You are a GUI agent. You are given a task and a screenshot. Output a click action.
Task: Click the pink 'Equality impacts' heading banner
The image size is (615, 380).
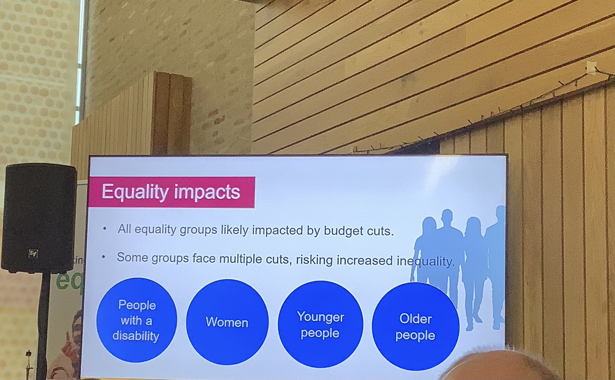point(171,192)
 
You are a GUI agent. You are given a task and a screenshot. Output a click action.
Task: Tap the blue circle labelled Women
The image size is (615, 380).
point(227,322)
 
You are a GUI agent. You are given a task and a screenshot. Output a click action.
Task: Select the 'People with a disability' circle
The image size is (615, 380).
point(136,320)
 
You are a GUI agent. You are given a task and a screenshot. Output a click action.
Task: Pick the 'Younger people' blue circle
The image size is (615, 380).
point(320,325)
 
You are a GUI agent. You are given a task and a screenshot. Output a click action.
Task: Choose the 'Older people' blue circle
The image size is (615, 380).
point(415,327)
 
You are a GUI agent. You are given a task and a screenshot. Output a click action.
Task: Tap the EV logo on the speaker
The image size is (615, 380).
point(33,253)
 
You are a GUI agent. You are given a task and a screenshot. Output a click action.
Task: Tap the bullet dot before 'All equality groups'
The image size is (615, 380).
point(105,229)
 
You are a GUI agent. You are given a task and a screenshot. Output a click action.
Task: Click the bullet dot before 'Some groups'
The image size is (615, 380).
point(105,257)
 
